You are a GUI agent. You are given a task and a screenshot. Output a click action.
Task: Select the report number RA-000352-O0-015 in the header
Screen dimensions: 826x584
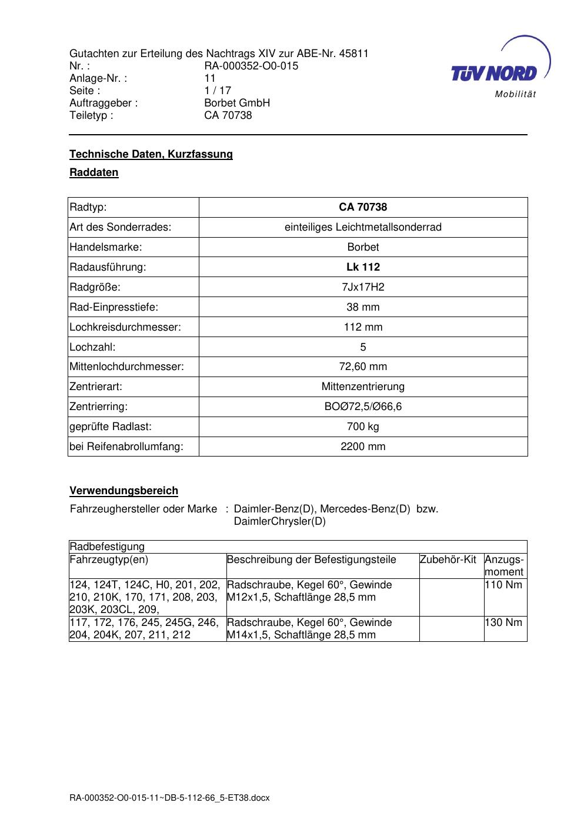coord(251,66)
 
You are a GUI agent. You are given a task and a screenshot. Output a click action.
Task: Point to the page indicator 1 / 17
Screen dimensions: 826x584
coord(218,91)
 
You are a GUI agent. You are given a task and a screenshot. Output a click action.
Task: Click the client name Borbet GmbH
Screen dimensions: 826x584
coord(237,103)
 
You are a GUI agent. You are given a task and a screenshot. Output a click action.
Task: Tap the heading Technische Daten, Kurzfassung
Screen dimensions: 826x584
coord(151,154)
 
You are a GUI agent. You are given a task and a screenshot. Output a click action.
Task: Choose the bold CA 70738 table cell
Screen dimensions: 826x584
coord(363,207)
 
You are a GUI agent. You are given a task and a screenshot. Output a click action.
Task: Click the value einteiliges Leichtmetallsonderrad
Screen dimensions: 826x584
coord(363,227)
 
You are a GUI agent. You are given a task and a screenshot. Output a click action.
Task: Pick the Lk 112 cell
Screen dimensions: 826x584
coord(363,267)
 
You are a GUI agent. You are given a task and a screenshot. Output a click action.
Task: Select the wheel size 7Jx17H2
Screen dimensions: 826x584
coord(363,287)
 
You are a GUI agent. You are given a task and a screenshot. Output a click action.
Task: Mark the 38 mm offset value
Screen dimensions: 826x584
coord(363,307)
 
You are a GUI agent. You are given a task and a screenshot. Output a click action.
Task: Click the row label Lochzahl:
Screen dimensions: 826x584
coord(92,347)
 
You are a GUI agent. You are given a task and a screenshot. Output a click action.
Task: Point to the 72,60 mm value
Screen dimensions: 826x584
coord(363,367)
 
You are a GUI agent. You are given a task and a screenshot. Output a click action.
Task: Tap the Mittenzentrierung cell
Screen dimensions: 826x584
coord(363,387)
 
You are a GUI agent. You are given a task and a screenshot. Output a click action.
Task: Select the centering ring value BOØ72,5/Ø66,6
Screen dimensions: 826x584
coord(363,407)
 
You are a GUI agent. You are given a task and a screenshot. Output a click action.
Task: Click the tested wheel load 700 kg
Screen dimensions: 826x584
coord(363,427)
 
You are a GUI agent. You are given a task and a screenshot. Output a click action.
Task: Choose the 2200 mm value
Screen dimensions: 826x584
coord(363,447)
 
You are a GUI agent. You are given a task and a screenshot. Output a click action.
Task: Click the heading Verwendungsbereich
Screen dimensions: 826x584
coord(124,491)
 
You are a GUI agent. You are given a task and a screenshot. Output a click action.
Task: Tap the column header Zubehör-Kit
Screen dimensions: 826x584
coord(448,559)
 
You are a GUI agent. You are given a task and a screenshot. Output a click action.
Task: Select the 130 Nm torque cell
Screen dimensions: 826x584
coord(503,622)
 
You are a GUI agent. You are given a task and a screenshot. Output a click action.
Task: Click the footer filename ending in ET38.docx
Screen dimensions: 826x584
coord(169,798)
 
